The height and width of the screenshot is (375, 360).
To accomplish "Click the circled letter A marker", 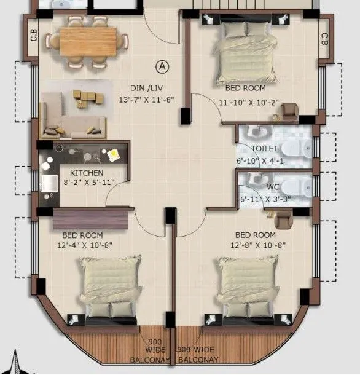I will tap(163, 65).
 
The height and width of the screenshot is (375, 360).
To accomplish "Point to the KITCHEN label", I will tap(87, 173).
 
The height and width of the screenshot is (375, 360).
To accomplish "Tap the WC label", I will tap(273, 186).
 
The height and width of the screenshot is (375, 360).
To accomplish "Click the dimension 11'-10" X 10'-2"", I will tap(248, 103).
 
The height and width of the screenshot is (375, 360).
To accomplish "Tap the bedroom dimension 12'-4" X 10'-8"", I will tap(82, 245).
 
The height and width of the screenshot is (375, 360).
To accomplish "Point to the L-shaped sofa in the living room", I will tap(68, 120).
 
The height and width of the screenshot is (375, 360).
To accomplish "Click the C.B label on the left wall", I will tap(33, 38).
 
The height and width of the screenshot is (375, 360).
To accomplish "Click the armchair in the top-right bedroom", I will tap(289, 112).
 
